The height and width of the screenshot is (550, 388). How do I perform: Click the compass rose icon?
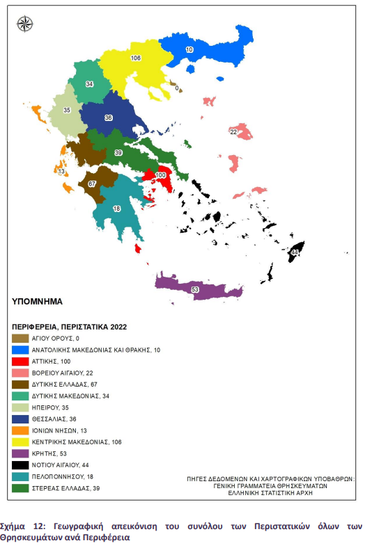point(25,24)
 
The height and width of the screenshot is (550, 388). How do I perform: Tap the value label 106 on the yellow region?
point(136,58)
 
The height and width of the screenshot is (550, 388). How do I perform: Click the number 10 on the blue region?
point(189,50)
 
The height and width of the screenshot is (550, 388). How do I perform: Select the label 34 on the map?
point(90,84)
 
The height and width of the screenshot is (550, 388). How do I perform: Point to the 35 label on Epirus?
point(67,111)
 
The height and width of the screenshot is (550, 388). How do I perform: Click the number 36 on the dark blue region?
point(109,118)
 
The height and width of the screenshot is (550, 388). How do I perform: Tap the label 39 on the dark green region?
point(118,152)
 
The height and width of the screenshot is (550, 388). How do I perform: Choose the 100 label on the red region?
point(161,175)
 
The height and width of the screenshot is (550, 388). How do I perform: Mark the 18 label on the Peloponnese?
point(116,209)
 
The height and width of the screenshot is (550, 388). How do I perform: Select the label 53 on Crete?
point(194,289)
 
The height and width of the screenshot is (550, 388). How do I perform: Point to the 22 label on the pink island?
point(234,131)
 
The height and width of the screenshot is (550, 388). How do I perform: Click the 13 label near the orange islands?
point(61,171)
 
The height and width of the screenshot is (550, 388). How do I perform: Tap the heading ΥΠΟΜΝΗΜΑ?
point(38,302)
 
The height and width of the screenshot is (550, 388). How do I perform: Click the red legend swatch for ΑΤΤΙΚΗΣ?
point(21,362)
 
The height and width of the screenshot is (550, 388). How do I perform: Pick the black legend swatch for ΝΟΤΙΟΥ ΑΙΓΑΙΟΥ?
point(21,464)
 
